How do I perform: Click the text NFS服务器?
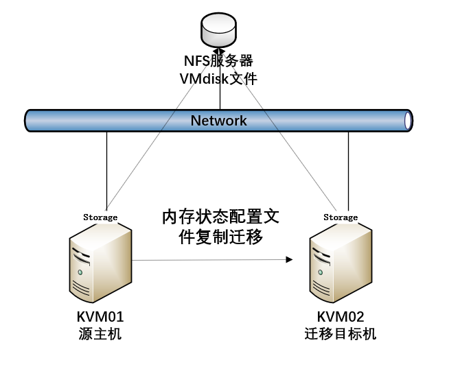(x=219, y=62)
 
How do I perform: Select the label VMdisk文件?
(x=219, y=79)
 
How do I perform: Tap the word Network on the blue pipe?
(x=219, y=121)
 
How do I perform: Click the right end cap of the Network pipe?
(x=409, y=121)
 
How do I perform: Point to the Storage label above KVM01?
(x=100, y=217)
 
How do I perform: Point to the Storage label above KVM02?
(x=341, y=217)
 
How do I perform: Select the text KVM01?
(x=100, y=317)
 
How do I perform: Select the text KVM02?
(x=341, y=317)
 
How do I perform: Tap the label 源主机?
(x=100, y=334)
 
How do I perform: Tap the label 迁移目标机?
(x=341, y=334)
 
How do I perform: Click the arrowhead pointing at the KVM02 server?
(x=289, y=260)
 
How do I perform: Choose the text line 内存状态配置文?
(x=220, y=217)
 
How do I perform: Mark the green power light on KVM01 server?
(x=80, y=273)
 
